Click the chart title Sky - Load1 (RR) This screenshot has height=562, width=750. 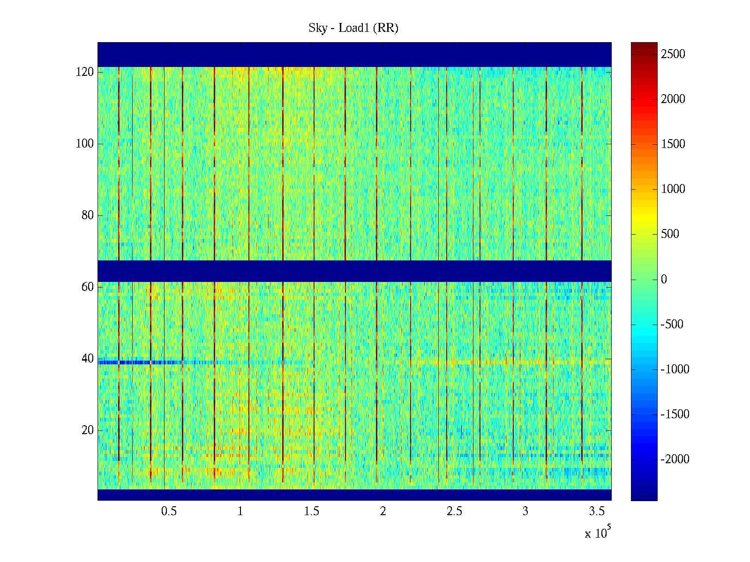coord(353,28)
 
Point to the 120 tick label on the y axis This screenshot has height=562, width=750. coord(84,72)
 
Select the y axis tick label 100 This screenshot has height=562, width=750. coord(84,144)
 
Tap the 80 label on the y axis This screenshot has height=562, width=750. coord(87,215)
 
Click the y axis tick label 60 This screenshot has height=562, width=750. coord(87,287)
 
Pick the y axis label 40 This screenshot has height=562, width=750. coord(87,359)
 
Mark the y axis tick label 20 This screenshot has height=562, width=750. coord(87,430)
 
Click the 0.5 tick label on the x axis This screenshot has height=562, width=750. coord(169,511)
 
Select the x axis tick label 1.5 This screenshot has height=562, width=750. coord(311,511)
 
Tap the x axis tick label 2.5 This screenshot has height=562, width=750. coord(454,511)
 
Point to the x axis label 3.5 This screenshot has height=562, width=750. coord(597,511)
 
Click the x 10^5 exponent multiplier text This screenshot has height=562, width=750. coord(597,533)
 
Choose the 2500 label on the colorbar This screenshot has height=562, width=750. coord(673,54)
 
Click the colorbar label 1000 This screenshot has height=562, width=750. coord(673,189)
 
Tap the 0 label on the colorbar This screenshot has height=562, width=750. coord(664,280)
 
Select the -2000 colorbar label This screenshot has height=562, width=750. coord(675,459)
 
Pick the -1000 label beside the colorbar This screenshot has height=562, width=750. coord(675,370)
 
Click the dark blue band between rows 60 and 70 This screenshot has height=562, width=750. coord(354,271)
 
